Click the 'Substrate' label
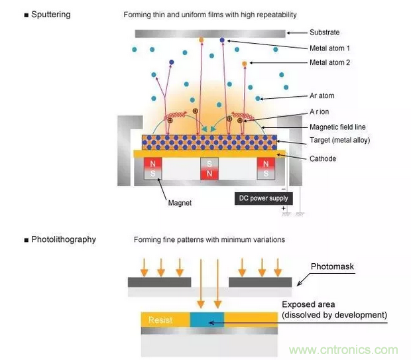[x=325, y=32]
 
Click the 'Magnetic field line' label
[x=337, y=127]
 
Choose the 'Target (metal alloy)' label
[x=339, y=141]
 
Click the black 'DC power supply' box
[x=264, y=198]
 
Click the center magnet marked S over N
[x=209, y=169]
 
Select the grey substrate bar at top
[x=209, y=32]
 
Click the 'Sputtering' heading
[x=47, y=15]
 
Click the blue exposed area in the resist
[x=207, y=320]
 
